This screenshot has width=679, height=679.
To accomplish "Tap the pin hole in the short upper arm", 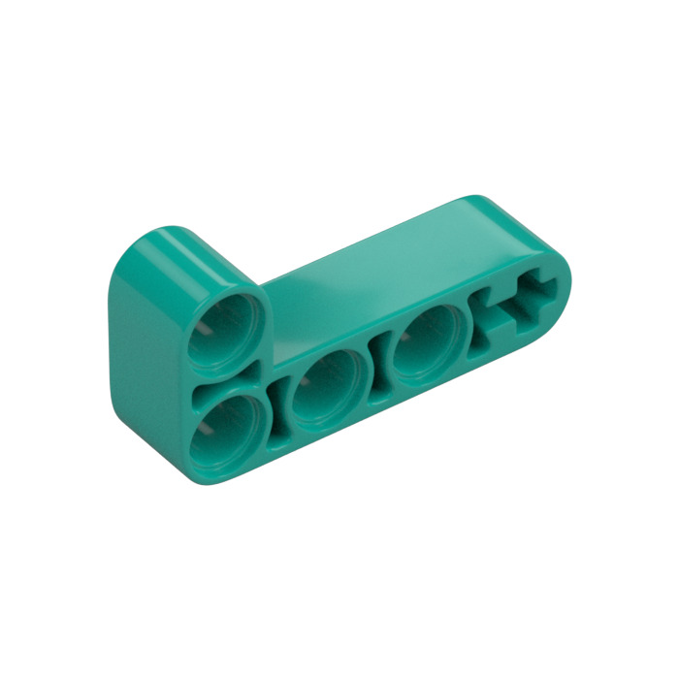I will pos(225,327).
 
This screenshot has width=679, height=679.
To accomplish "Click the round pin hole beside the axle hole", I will pos(427,345).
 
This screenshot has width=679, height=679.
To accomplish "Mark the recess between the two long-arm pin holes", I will pos(379,368).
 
